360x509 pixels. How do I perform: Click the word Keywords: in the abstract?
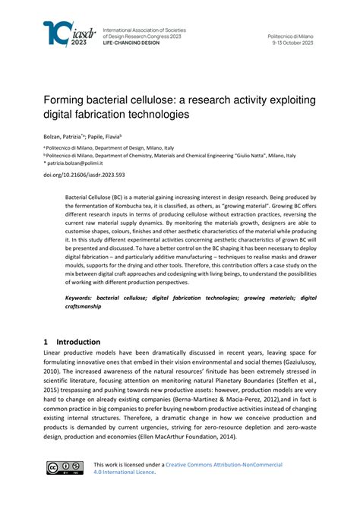pos(83,298)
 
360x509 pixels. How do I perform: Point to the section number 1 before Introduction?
pos(46,342)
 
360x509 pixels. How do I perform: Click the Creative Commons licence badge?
pos(62,467)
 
